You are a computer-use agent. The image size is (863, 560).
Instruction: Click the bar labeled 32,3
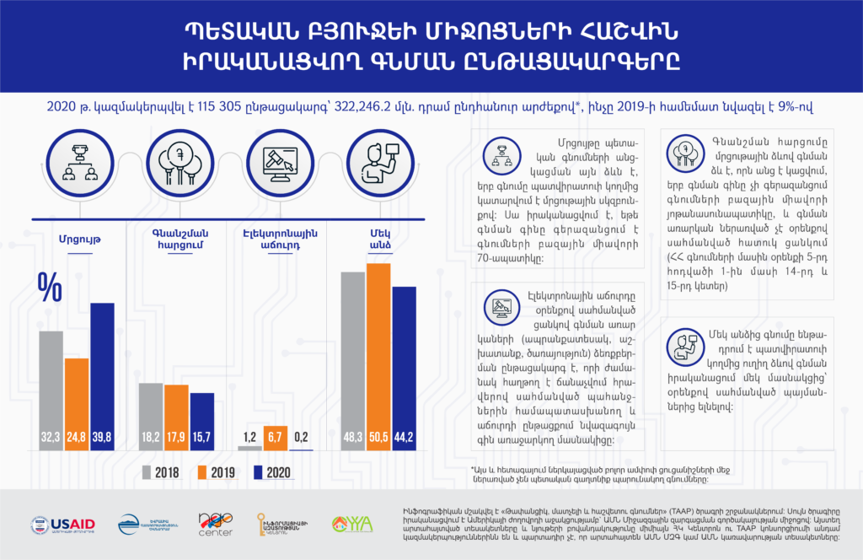click(x=51, y=388)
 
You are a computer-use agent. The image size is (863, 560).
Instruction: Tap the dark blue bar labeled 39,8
click(x=102, y=375)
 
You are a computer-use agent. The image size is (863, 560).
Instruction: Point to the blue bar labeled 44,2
click(x=405, y=368)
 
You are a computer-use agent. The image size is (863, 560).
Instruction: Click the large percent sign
click(x=49, y=288)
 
